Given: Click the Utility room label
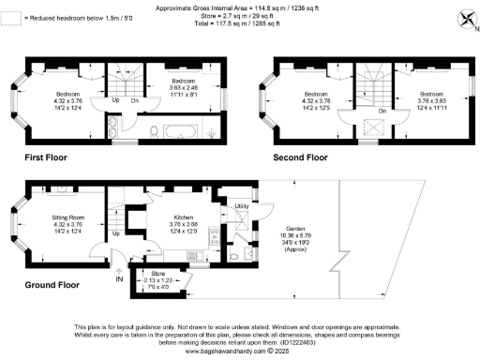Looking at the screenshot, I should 240,204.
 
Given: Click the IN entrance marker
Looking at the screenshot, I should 119,278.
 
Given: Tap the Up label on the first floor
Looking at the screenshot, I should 116,99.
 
